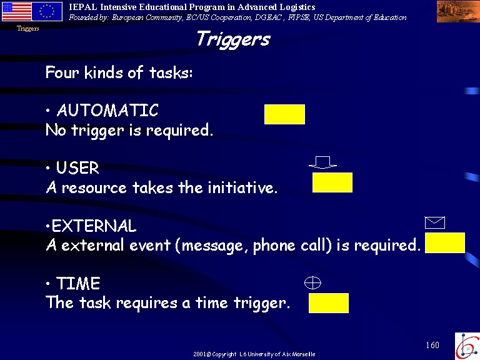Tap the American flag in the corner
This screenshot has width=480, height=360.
pyautogui.click(x=17, y=12)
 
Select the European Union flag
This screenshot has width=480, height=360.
pyautogui.click(x=47, y=12)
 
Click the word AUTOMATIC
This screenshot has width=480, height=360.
pyautogui.click(x=107, y=110)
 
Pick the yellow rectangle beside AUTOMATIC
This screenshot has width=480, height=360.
pyautogui.click(x=285, y=114)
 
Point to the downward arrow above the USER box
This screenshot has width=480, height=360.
pyautogui.click(x=322, y=162)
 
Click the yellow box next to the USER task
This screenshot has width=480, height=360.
pyautogui.click(x=332, y=182)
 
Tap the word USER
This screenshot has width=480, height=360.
pyautogui.click(x=77, y=167)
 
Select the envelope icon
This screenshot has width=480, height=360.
pyautogui.click(x=435, y=222)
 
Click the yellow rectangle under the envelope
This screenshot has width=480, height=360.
pyautogui.click(x=445, y=242)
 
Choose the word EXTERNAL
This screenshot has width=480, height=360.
pyautogui.click(x=94, y=226)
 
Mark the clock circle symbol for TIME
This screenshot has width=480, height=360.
pyautogui.click(x=312, y=283)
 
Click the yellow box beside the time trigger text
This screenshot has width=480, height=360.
pyautogui.click(x=329, y=303)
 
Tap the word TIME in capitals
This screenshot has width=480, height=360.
pyautogui.click(x=78, y=283)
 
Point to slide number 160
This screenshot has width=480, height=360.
pyautogui.click(x=432, y=345)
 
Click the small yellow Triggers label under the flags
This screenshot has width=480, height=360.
pyautogui.click(x=28, y=29)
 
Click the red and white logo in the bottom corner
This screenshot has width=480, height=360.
pyautogui.click(x=467, y=346)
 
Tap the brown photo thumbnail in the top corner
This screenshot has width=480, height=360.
pyautogui.click(x=458, y=11)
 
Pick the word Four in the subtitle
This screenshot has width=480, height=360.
pyautogui.click(x=62, y=72)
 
